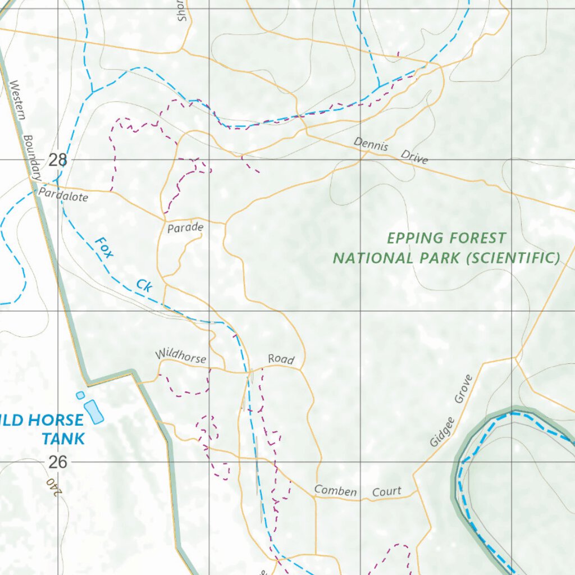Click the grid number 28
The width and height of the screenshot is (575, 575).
tap(57, 160)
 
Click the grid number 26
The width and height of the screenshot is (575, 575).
tap(57, 462)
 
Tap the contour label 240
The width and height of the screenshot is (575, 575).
tap(53, 487)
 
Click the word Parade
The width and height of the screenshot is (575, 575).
tap(185, 229)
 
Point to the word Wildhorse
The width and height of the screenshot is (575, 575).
tap(181, 356)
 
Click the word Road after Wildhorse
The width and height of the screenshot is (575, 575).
tap(281, 359)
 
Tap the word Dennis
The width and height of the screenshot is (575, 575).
tap(371, 144)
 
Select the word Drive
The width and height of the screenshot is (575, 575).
tap(414, 157)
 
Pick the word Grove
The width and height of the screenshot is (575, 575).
tap(464, 390)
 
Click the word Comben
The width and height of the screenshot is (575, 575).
tap(335, 491)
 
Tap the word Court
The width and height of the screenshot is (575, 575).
tap(387, 492)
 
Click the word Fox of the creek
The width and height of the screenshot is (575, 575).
tap(104, 248)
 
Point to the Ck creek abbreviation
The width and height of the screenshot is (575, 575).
tap(144, 285)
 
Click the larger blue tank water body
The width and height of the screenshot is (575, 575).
tap(94, 412)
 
